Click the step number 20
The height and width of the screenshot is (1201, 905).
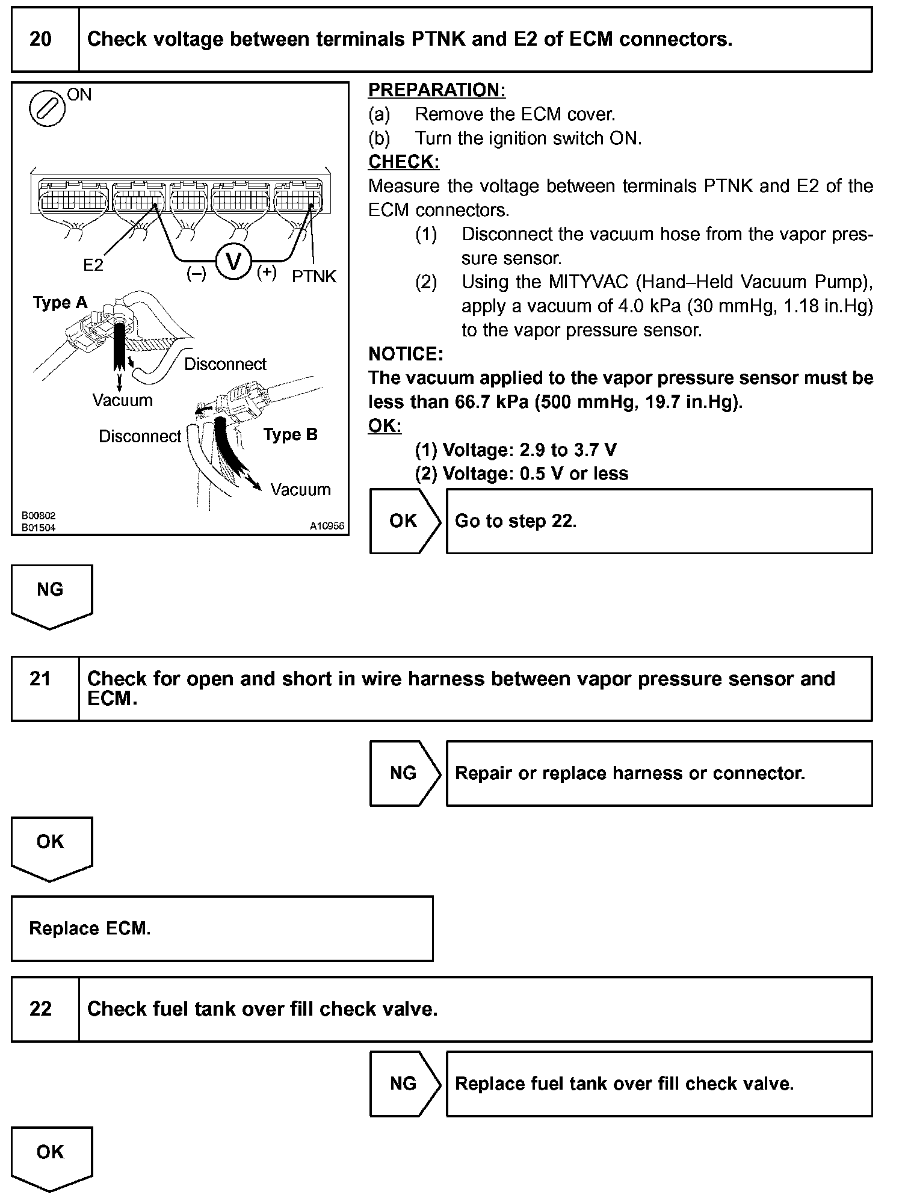(x=40, y=40)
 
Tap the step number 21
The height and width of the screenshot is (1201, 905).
(x=40, y=679)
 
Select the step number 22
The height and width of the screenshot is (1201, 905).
(x=40, y=1008)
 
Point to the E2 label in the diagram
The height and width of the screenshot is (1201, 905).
(x=93, y=265)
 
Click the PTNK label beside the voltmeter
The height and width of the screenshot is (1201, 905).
(x=314, y=276)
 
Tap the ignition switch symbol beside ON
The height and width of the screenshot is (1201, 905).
(x=48, y=109)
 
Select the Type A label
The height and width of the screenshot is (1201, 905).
(x=60, y=303)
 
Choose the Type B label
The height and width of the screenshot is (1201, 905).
(x=290, y=434)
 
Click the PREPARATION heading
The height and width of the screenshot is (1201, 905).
(x=437, y=90)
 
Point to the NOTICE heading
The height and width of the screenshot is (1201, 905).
(x=406, y=354)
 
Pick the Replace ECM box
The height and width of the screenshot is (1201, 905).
(x=221, y=928)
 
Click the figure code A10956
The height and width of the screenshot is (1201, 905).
(x=327, y=526)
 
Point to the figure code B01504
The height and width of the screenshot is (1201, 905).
(x=39, y=528)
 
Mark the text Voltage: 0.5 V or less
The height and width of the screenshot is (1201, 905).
(x=521, y=474)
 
